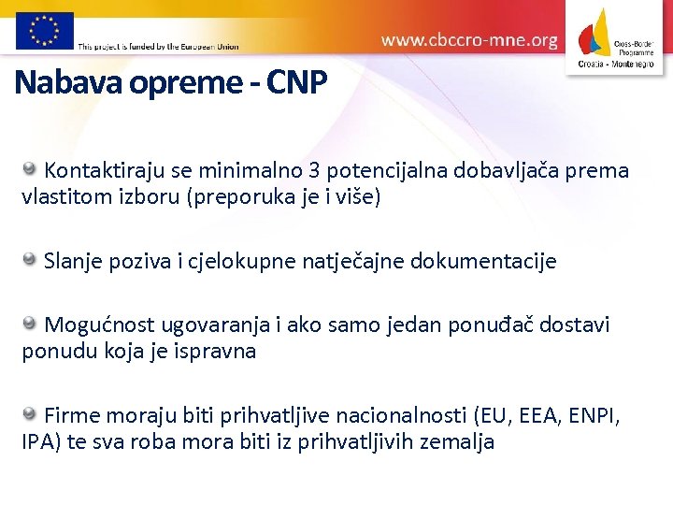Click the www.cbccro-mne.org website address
[469, 40]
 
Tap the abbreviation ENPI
[594, 414]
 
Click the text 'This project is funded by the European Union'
[158, 46]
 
